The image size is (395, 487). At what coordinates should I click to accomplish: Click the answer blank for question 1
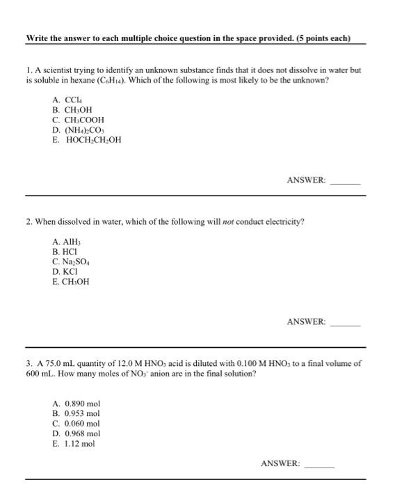click(x=345, y=180)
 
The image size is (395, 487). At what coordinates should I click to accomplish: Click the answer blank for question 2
click(x=345, y=322)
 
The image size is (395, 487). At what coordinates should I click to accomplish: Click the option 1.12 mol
click(x=74, y=442)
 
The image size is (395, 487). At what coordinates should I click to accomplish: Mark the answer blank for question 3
click(x=319, y=463)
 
